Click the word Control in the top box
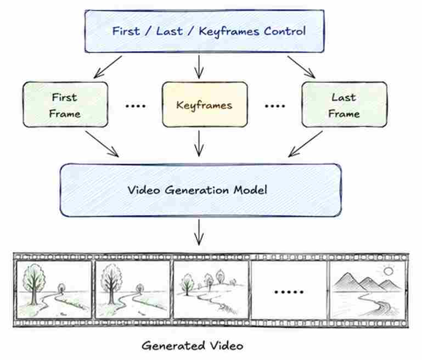[285, 31]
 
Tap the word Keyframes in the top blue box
[229, 31]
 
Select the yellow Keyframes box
[205, 104]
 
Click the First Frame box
[65, 104]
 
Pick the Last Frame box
[345, 104]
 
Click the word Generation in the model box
[197, 190]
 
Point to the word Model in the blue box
[250, 190]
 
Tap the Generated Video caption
[193, 346]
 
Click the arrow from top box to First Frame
[108, 67]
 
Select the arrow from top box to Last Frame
[301, 67]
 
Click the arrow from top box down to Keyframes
[199, 67]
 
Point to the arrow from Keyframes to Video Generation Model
[199, 144]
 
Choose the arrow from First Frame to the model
[102, 144]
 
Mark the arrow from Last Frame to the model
[306, 144]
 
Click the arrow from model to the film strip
[199, 232]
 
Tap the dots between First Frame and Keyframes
[136, 106]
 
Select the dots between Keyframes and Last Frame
[275, 106]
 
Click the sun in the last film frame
[388, 271]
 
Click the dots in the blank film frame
[289, 292]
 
